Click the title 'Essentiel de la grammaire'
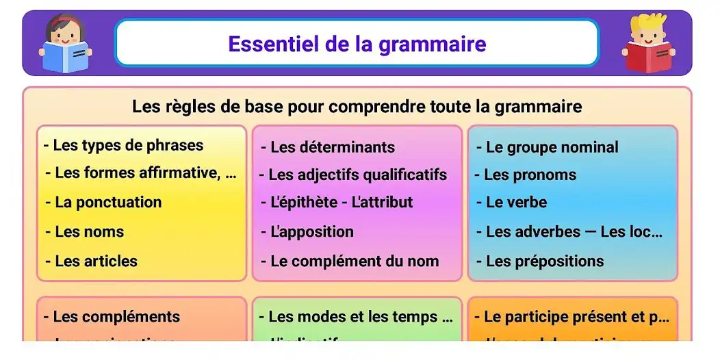[x=357, y=44]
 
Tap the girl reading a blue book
[x=65, y=44]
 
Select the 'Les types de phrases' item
[x=124, y=145]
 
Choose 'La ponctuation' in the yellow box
[x=104, y=203]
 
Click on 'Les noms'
[x=86, y=232]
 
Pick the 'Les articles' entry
[x=92, y=261]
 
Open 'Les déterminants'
[x=329, y=147]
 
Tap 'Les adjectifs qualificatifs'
[x=353, y=175]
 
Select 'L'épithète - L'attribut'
[x=337, y=203]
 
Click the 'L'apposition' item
[x=308, y=232]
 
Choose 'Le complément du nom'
[x=350, y=261]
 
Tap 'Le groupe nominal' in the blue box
[x=548, y=147]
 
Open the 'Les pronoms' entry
[x=526, y=175]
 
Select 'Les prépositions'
[x=541, y=261]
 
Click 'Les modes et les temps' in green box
[x=356, y=317]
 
